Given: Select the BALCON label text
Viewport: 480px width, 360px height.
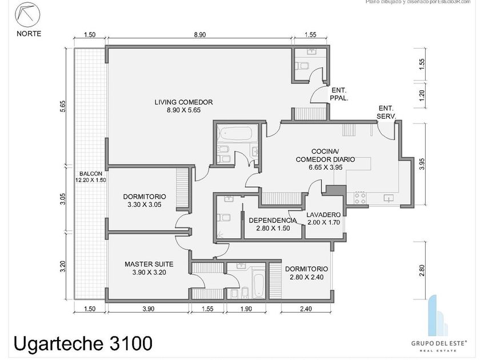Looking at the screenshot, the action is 91,173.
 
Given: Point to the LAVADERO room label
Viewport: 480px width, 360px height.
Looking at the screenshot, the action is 323,215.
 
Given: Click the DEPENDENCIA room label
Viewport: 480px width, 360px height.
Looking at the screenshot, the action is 273,221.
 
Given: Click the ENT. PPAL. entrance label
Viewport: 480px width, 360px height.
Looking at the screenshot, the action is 339,94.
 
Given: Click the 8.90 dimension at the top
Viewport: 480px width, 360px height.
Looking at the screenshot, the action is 199,35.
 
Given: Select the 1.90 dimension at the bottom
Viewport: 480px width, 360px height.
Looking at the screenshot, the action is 245,310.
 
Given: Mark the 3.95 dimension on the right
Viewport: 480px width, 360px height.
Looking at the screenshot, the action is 422,164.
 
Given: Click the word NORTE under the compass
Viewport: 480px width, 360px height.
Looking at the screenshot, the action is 29,33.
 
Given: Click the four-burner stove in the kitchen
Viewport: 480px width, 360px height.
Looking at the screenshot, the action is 360,198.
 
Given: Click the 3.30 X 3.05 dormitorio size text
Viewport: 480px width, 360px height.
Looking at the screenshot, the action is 145,204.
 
